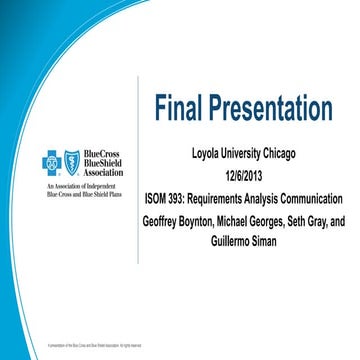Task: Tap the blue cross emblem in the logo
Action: [x=51, y=161]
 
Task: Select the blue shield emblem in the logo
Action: [x=72, y=161]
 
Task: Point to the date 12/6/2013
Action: [x=244, y=175]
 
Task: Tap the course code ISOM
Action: [x=160, y=196]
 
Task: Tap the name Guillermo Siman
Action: [x=244, y=241]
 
